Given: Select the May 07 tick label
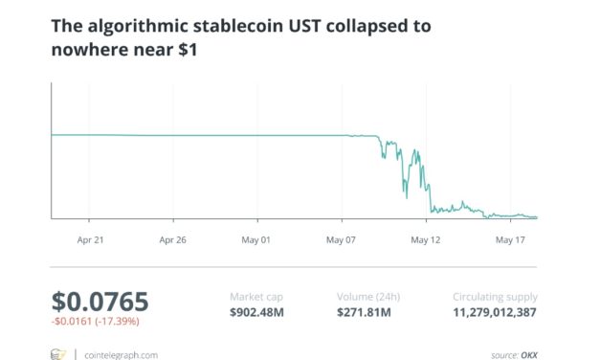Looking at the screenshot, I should click(x=343, y=241).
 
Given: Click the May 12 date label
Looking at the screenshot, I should click(x=427, y=241).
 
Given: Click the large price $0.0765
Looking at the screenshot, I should click(x=100, y=302).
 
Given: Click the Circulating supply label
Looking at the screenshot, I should click(x=495, y=296).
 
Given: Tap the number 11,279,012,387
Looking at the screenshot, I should click(x=495, y=311).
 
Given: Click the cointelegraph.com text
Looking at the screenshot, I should click(x=120, y=354).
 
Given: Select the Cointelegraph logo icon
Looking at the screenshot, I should click(x=58, y=354).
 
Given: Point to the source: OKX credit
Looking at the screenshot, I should click(x=515, y=354).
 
